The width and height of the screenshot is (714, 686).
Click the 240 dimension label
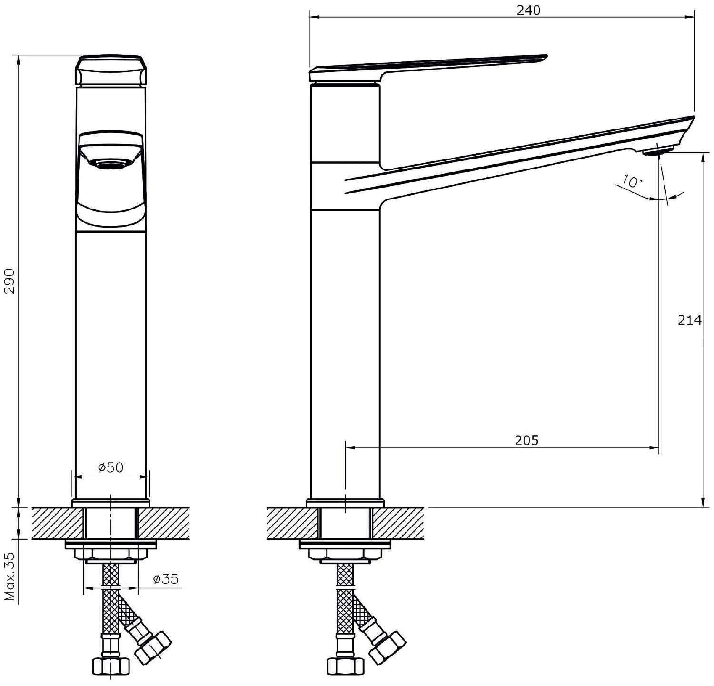[528, 10]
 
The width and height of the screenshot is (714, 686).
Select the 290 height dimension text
[10, 281]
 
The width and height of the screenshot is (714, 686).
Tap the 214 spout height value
[690, 320]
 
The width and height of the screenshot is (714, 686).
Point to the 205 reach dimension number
[526, 440]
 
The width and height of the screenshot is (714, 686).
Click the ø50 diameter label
[111, 467]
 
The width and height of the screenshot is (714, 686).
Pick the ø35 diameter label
[166, 578]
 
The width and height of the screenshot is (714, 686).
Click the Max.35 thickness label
[10, 577]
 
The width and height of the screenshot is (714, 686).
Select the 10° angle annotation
[632, 181]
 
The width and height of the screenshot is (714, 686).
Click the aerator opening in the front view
[111, 164]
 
